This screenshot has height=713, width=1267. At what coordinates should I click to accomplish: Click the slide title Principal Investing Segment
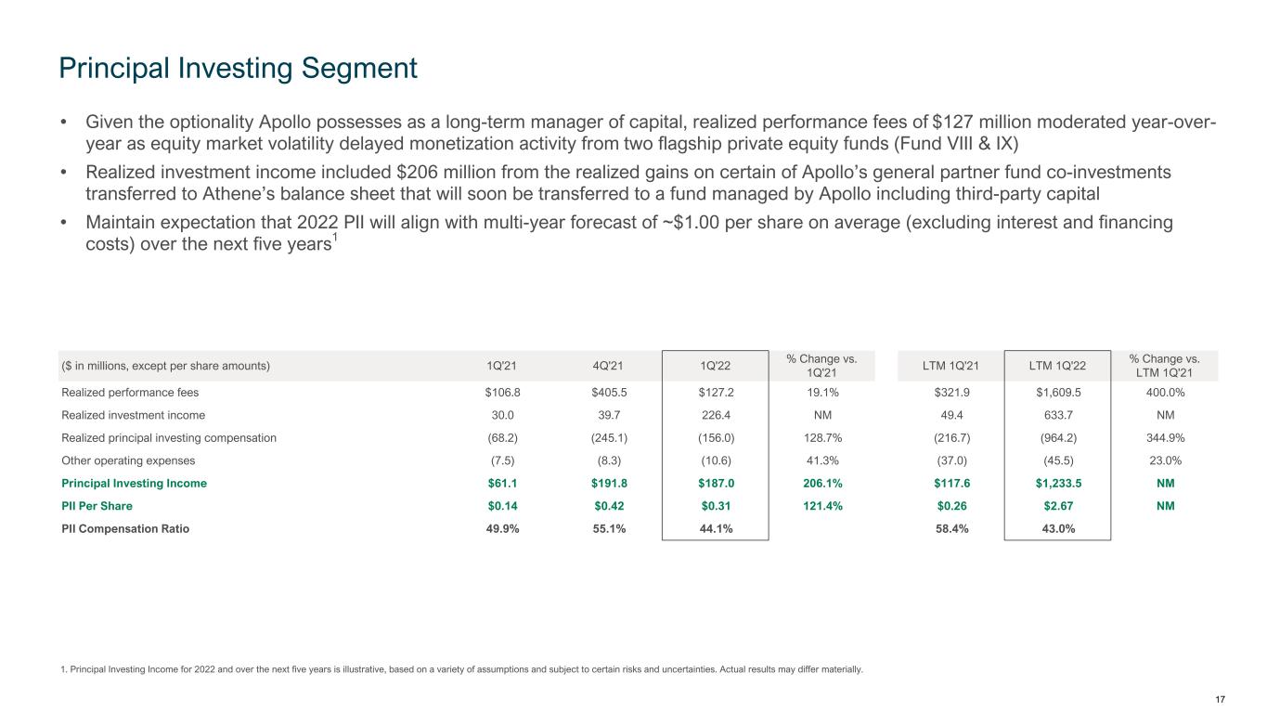(x=238, y=67)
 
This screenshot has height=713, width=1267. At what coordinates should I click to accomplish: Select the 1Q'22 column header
(x=716, y=366)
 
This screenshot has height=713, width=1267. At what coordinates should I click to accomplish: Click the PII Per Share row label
(x=97, y=506)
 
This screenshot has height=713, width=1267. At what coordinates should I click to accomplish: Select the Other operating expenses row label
(x=127, y=460)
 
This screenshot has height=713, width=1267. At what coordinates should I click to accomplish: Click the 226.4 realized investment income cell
(x=716, y=415)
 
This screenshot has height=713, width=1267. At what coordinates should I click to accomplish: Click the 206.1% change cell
(x=821, y=484)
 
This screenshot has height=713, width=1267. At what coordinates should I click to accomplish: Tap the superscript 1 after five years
(x=336, y=238)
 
